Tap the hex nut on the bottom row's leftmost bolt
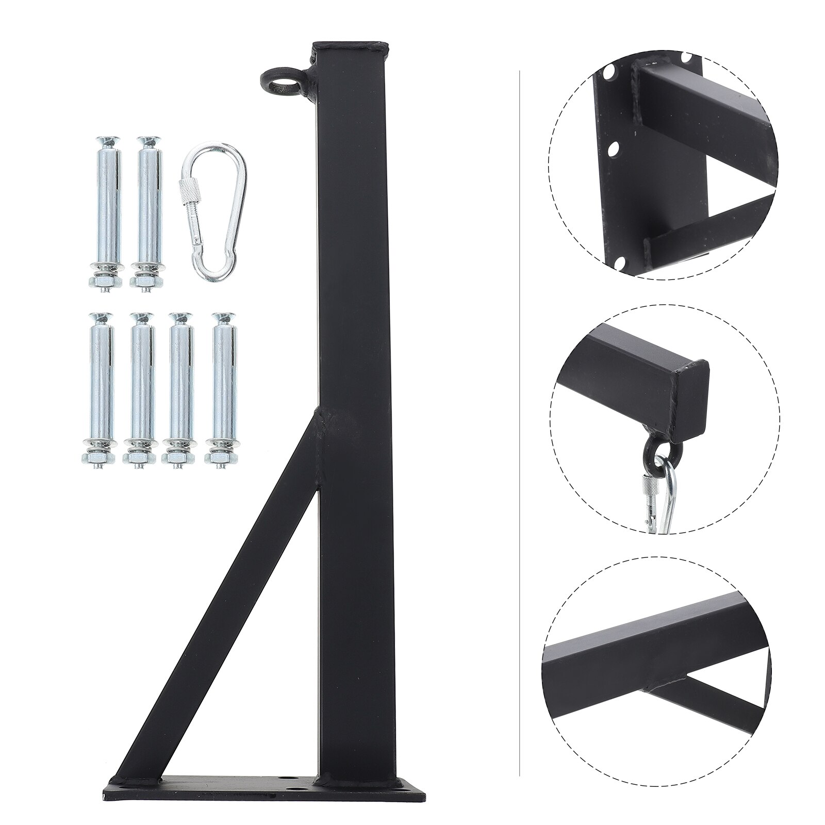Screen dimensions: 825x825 coord(92,457)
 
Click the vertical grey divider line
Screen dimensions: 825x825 coord(519,412)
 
